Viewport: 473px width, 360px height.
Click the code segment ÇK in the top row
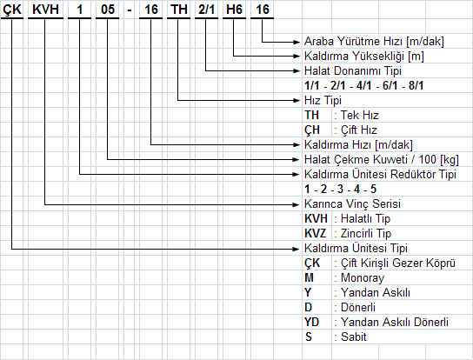(12, 10)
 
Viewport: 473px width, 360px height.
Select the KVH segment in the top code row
(45, 10)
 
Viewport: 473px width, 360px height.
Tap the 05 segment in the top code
(108, 10)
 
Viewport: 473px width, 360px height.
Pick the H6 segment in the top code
(235, 10)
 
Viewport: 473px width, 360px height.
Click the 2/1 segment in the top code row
(206, 10)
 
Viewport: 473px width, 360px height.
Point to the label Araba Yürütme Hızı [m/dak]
(374, 42)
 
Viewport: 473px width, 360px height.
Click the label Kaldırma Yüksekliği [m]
(364, 57)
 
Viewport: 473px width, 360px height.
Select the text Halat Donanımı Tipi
(353, 71)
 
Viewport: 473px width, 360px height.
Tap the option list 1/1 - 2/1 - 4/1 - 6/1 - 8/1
(363, 86)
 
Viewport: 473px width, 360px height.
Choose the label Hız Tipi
(323, 101)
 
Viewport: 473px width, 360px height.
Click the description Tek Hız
(360, 116)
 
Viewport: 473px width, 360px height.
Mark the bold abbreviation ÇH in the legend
(312, 130)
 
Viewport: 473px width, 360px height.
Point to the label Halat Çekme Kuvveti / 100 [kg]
(382, 160)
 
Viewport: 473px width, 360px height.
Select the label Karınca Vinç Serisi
(352, 204)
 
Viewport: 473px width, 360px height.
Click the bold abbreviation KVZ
(316, 234)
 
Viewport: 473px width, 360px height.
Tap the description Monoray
(363, 278)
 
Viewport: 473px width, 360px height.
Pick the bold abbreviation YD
(311, 323)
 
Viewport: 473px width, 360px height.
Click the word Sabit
(354, 337)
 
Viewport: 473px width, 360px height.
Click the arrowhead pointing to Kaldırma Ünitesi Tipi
(296, 249)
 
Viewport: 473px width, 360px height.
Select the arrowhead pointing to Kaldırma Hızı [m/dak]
(296, 145)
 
